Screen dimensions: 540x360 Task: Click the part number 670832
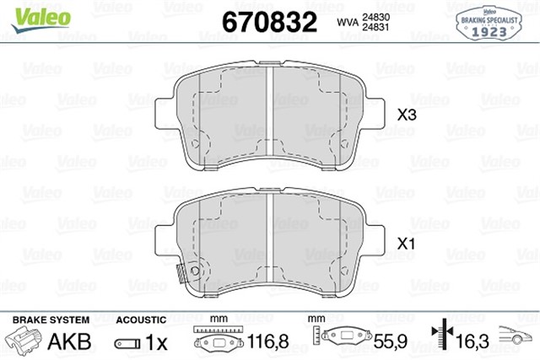click(x=269, y=22)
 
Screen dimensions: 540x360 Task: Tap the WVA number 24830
click(x=375, y=17)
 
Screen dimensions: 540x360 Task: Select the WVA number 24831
click(x=375, y=27)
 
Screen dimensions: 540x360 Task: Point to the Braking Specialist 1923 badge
click(x=489, y=24)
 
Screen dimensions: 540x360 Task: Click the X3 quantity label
click(x=407, y=115)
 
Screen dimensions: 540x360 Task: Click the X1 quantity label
click(x=406, y=244)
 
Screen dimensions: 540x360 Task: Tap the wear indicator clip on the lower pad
click(x=181, y=274)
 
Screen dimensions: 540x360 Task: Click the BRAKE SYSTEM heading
click(x=51, y=320)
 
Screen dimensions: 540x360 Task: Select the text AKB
click(x=69, y=341)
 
